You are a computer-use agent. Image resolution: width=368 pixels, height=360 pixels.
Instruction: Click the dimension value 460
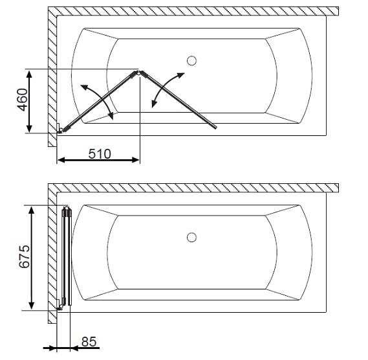pos(23,100)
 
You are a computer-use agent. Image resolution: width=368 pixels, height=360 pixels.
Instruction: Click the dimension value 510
pos(100,154)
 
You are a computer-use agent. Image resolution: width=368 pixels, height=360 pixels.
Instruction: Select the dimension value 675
pos(24,256)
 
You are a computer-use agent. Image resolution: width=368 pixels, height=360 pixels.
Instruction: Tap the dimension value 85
pos(89,341)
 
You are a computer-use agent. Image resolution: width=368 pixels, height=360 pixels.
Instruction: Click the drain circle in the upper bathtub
pos(191,61)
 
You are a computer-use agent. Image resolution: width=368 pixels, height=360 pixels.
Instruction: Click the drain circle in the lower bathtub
pos(191,237)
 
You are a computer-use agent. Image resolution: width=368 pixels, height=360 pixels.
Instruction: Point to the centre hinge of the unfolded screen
pos(138,73)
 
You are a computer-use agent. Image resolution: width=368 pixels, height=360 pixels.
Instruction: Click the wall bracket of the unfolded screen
pos(60,129)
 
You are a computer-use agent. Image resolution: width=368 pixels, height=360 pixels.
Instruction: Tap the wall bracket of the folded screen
pos(60,305)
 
